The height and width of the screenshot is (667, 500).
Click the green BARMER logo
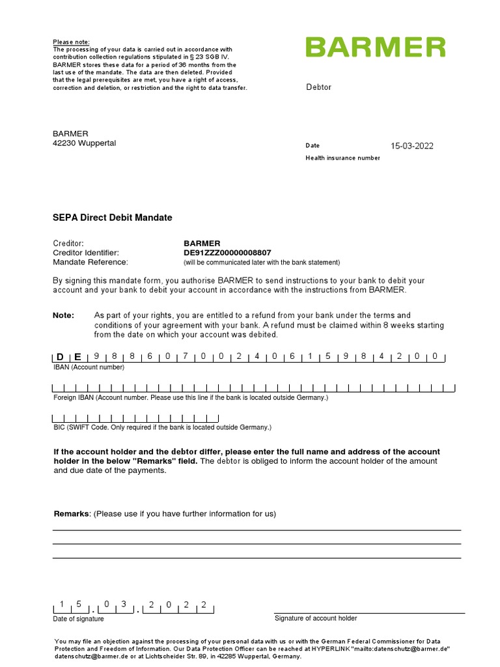pyautogui.click(x=376, y=48)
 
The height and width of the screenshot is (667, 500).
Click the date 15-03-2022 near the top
pyautogui.click(x=411, y=146)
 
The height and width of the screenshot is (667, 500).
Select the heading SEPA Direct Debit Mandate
pyautogui.click(x=113, y=218)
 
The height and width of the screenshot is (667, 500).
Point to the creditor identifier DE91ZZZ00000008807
pyautogui.click(x=227, y=253)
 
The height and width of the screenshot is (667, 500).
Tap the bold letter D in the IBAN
pyautogui.click(x=60, y=356)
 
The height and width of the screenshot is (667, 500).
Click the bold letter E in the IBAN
pyautogui.click(x=77, y=356)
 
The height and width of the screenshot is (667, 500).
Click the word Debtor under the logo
pyautogui.click(x=318, y=87)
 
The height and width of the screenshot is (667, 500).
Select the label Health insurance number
pyautogui.click(x=342, y=158)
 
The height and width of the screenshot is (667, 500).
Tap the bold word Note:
pyautogui.click(x=63, y=315)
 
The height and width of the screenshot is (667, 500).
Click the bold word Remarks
pyautogui.click(x=71, y=514)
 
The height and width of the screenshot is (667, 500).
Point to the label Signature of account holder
pyautogui.click(x=316, y=618)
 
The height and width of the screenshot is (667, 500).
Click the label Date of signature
pyautogui.click(x=78, y=619)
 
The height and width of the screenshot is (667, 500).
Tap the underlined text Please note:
pyautogui.click(x=72, y=42)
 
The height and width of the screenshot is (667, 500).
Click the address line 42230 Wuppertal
pyautogui.click(x=85, y=143)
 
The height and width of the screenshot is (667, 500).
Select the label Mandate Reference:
pyautogui.click(x=90, y=262)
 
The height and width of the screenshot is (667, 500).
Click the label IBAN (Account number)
pyautogui.click(x=89, y=367)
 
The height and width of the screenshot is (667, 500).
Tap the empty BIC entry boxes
pyautogui.click(x=135, y=418)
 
